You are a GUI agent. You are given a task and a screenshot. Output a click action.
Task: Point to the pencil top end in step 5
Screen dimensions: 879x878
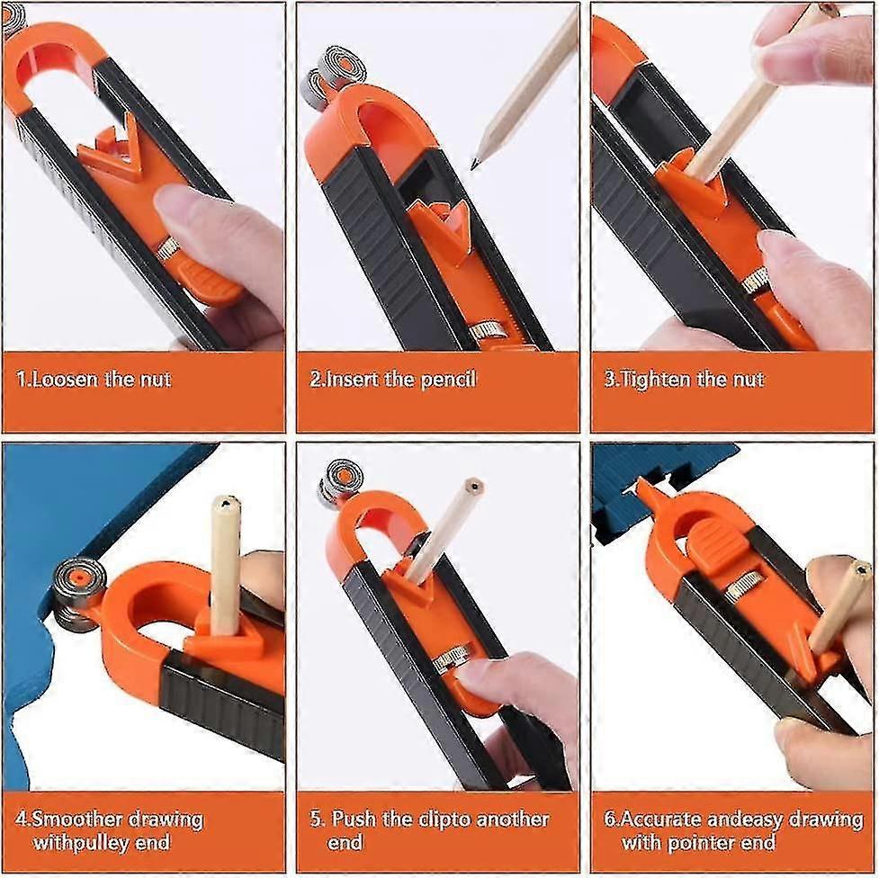click(473, 487)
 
